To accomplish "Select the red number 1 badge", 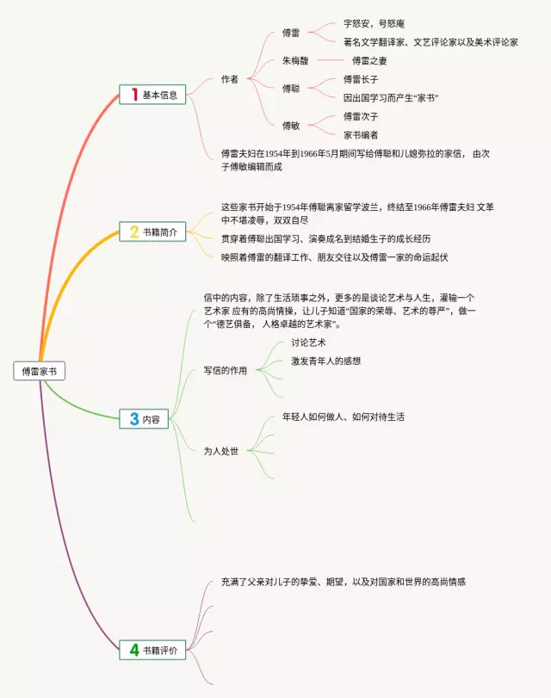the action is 133,95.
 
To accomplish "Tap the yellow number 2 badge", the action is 133,231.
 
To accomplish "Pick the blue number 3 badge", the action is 133,419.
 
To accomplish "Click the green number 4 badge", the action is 133,651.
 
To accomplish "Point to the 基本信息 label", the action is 160,96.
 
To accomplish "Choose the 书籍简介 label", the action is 160,232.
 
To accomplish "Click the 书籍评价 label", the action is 160,652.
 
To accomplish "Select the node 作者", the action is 229,79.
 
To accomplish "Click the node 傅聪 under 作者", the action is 291,88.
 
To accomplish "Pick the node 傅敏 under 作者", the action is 291,126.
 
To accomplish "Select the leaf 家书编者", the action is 361,135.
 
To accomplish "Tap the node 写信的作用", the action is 225,371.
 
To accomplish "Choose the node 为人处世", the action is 220,450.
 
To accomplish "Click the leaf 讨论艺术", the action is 307,343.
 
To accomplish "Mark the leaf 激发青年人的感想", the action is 325,361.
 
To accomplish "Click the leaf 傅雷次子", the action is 361,116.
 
